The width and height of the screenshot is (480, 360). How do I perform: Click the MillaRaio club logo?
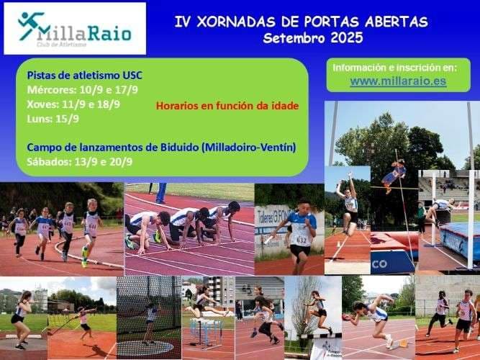click(75, 28)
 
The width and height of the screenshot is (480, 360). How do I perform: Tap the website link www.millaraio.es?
click(398, 81)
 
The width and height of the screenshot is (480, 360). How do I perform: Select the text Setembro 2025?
click(313, 38)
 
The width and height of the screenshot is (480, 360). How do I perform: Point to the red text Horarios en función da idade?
click(227, 106)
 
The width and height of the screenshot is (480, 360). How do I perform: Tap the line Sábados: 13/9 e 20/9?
click(80, 161)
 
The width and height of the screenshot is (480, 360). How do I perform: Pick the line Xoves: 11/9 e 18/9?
click(73, 104)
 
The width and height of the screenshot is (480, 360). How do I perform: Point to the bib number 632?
click(302, 240)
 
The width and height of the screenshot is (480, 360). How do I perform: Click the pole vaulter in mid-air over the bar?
click(393, 174)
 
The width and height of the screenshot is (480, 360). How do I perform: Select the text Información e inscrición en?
click(398, 68)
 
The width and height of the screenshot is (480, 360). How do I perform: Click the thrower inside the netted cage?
click(150, 317)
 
